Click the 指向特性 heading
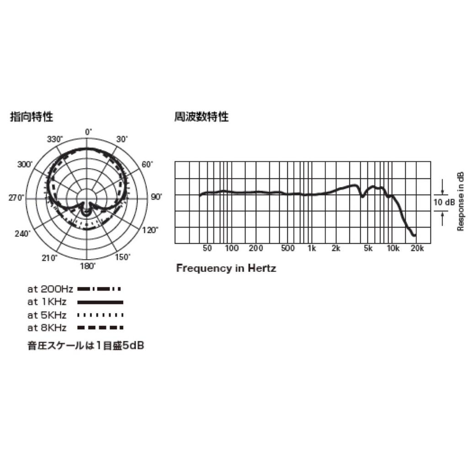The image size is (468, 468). coord(32,117)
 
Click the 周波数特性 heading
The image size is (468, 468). coord(202,117)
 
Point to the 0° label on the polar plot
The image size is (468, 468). coord(89,132)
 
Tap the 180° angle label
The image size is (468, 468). coord(88,266)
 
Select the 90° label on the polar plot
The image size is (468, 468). coord(156,197)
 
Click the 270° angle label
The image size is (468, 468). coord(16,198)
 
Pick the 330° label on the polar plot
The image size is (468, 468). coord(55,139)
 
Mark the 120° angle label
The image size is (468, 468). coord(150,230)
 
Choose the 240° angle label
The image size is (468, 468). coord(23,234)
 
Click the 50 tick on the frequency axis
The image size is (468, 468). coord(207,248)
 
